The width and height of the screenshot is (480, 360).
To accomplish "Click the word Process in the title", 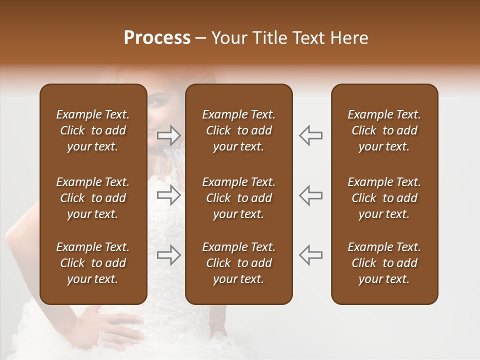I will (157, 38).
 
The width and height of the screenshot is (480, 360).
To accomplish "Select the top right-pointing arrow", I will (169, 135).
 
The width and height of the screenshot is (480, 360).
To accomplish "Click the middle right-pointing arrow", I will (169, 195).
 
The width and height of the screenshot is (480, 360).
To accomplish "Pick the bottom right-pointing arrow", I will (169, 254).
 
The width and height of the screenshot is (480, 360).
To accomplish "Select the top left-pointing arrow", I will (310, 135).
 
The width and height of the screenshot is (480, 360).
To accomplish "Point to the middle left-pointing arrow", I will (310, 195).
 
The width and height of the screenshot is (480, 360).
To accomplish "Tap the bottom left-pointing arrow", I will (310, 254).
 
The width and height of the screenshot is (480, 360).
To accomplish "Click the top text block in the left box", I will (93, 130).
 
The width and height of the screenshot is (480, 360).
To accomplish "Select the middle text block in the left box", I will (93, 198).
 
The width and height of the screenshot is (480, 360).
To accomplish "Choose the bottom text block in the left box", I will (93, 263).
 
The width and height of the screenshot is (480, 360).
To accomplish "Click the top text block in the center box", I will (238, 130).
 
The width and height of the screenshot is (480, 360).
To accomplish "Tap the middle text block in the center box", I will (238, 198).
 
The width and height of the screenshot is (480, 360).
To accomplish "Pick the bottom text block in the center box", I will (238, 263).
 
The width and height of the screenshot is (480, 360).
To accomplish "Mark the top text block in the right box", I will (384, 130).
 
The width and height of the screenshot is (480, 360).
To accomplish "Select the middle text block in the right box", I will (384, 198).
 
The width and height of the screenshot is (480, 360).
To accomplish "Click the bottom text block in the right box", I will (384, 263).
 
